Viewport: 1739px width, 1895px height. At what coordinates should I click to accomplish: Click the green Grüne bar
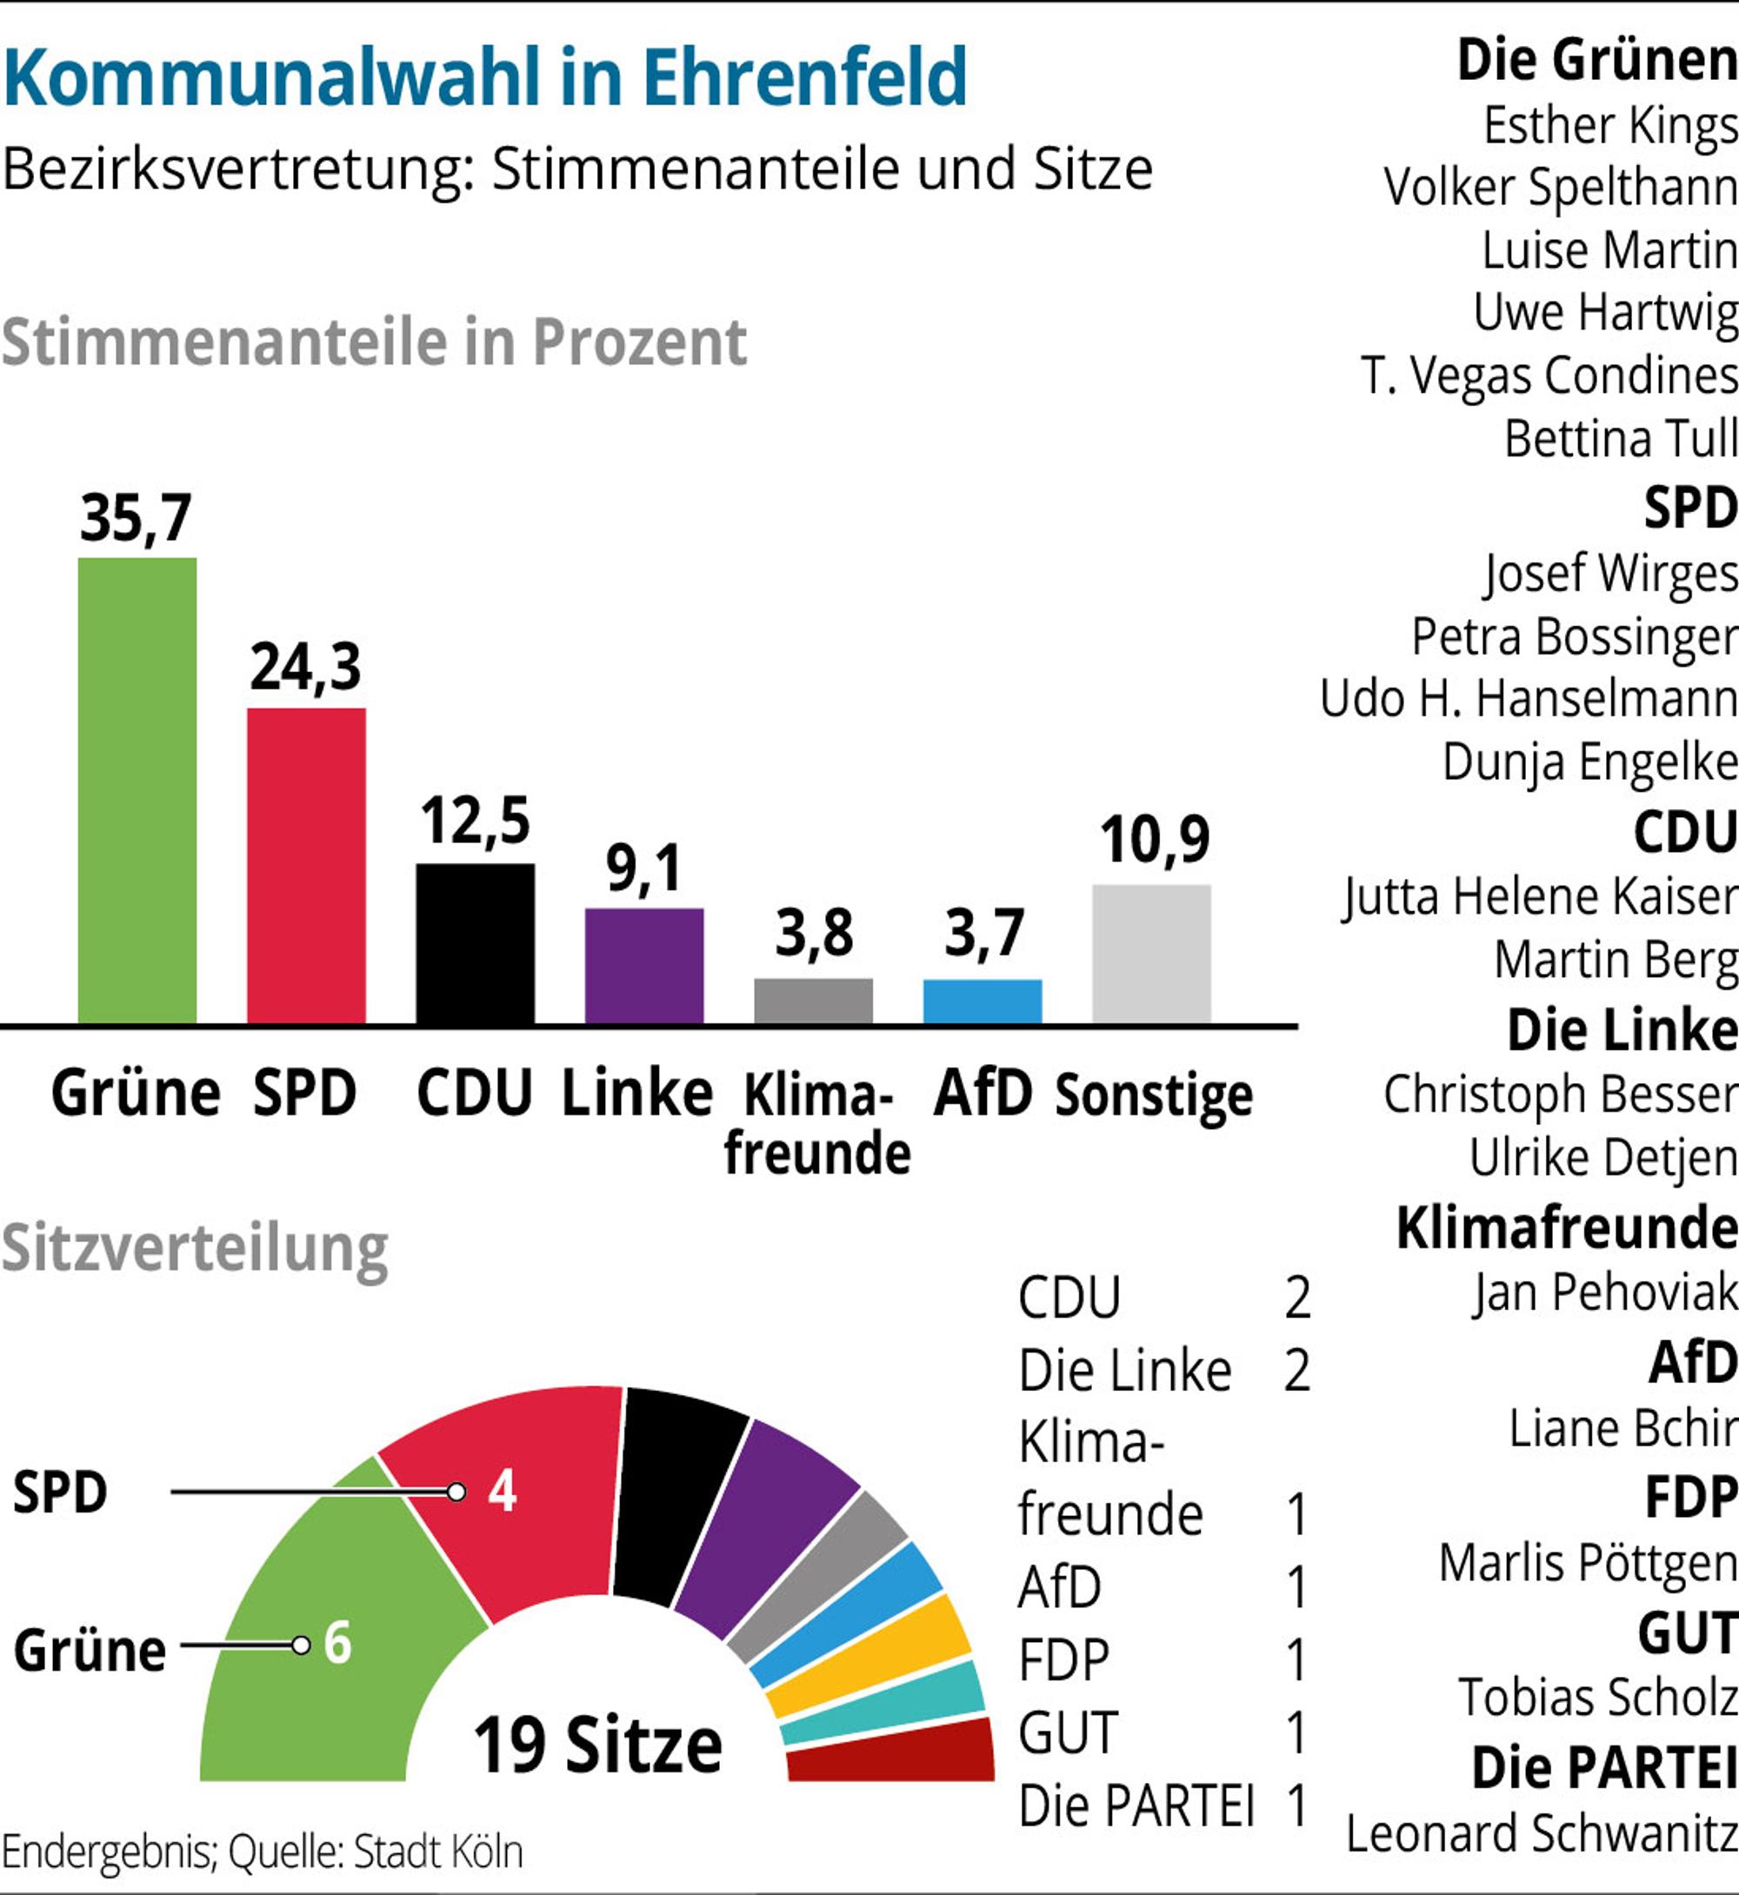click(137, 790)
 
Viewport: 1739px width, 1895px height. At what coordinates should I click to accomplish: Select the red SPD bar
click(307, 866)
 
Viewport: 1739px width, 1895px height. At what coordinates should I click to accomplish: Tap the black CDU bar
click(476, 944)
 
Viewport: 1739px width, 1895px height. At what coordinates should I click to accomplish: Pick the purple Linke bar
click(644, 966)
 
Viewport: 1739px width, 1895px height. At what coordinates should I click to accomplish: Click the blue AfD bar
click(983, 1001)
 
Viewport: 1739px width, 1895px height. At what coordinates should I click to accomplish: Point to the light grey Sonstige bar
click(1152, 954)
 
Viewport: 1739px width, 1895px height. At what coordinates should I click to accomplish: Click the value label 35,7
click(137, 518)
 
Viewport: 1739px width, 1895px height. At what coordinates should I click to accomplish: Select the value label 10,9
click(1155, 841)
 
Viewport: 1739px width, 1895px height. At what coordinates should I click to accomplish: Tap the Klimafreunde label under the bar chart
click(817, 1124)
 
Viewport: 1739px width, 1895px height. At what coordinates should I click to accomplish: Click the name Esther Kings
click(1611, 125)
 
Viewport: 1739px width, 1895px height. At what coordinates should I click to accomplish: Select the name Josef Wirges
click(1611, 573)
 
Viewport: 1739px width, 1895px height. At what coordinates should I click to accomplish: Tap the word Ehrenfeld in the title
click(805, 76)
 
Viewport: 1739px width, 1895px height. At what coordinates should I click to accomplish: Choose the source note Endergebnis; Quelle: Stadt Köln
click(263, 1851)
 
